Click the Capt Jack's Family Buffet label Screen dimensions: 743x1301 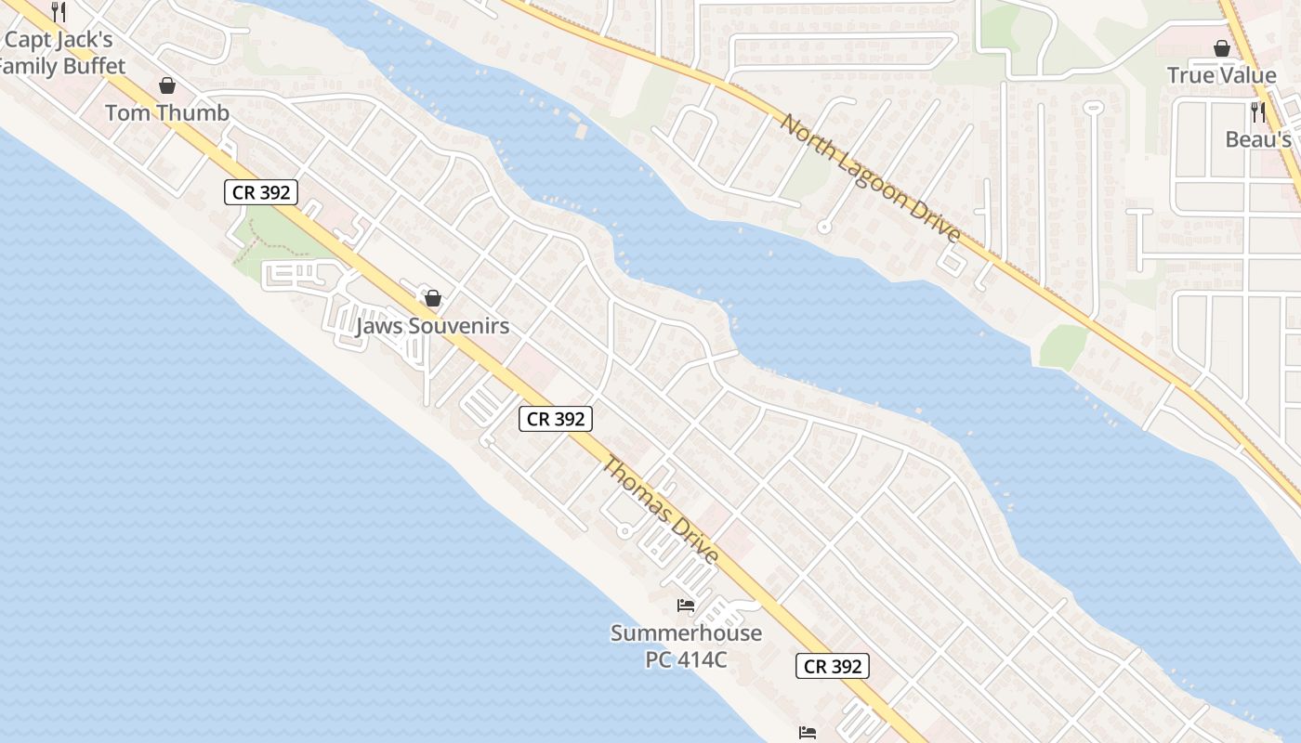pos(61,53)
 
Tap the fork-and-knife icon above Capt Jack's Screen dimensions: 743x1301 pos(58,11)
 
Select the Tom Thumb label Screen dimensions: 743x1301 pos(167,113)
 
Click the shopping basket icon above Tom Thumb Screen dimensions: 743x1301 pos(167,85)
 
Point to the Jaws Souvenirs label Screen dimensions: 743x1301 pos(433,326)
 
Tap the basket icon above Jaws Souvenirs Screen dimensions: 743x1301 pos(432,298)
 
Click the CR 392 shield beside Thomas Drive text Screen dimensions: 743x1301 pos(556,419)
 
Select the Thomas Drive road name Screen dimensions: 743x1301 pos(662,510)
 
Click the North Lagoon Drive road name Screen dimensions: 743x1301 pos(871,177)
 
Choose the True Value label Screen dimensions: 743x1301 pos(1221,75)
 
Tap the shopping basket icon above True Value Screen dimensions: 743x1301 pos(1221,48)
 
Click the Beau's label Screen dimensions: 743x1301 pos(1258,139)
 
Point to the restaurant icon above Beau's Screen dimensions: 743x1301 pos(1258,112)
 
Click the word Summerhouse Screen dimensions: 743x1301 pos(686,633)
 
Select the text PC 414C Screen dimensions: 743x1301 pos(686,660)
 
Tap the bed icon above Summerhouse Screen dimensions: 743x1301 pos(686,606)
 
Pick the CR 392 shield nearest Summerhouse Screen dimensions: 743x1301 pos(833,666)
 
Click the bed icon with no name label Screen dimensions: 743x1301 pos(808,733)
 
